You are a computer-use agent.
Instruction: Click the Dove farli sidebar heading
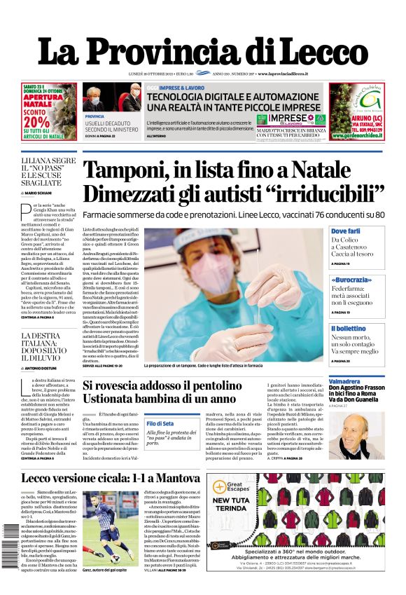(345, 231)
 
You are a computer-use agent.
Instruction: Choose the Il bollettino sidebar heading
(348, 329)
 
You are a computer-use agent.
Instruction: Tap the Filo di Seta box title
(160, 423)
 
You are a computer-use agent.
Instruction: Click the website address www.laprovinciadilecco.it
(293, 74)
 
